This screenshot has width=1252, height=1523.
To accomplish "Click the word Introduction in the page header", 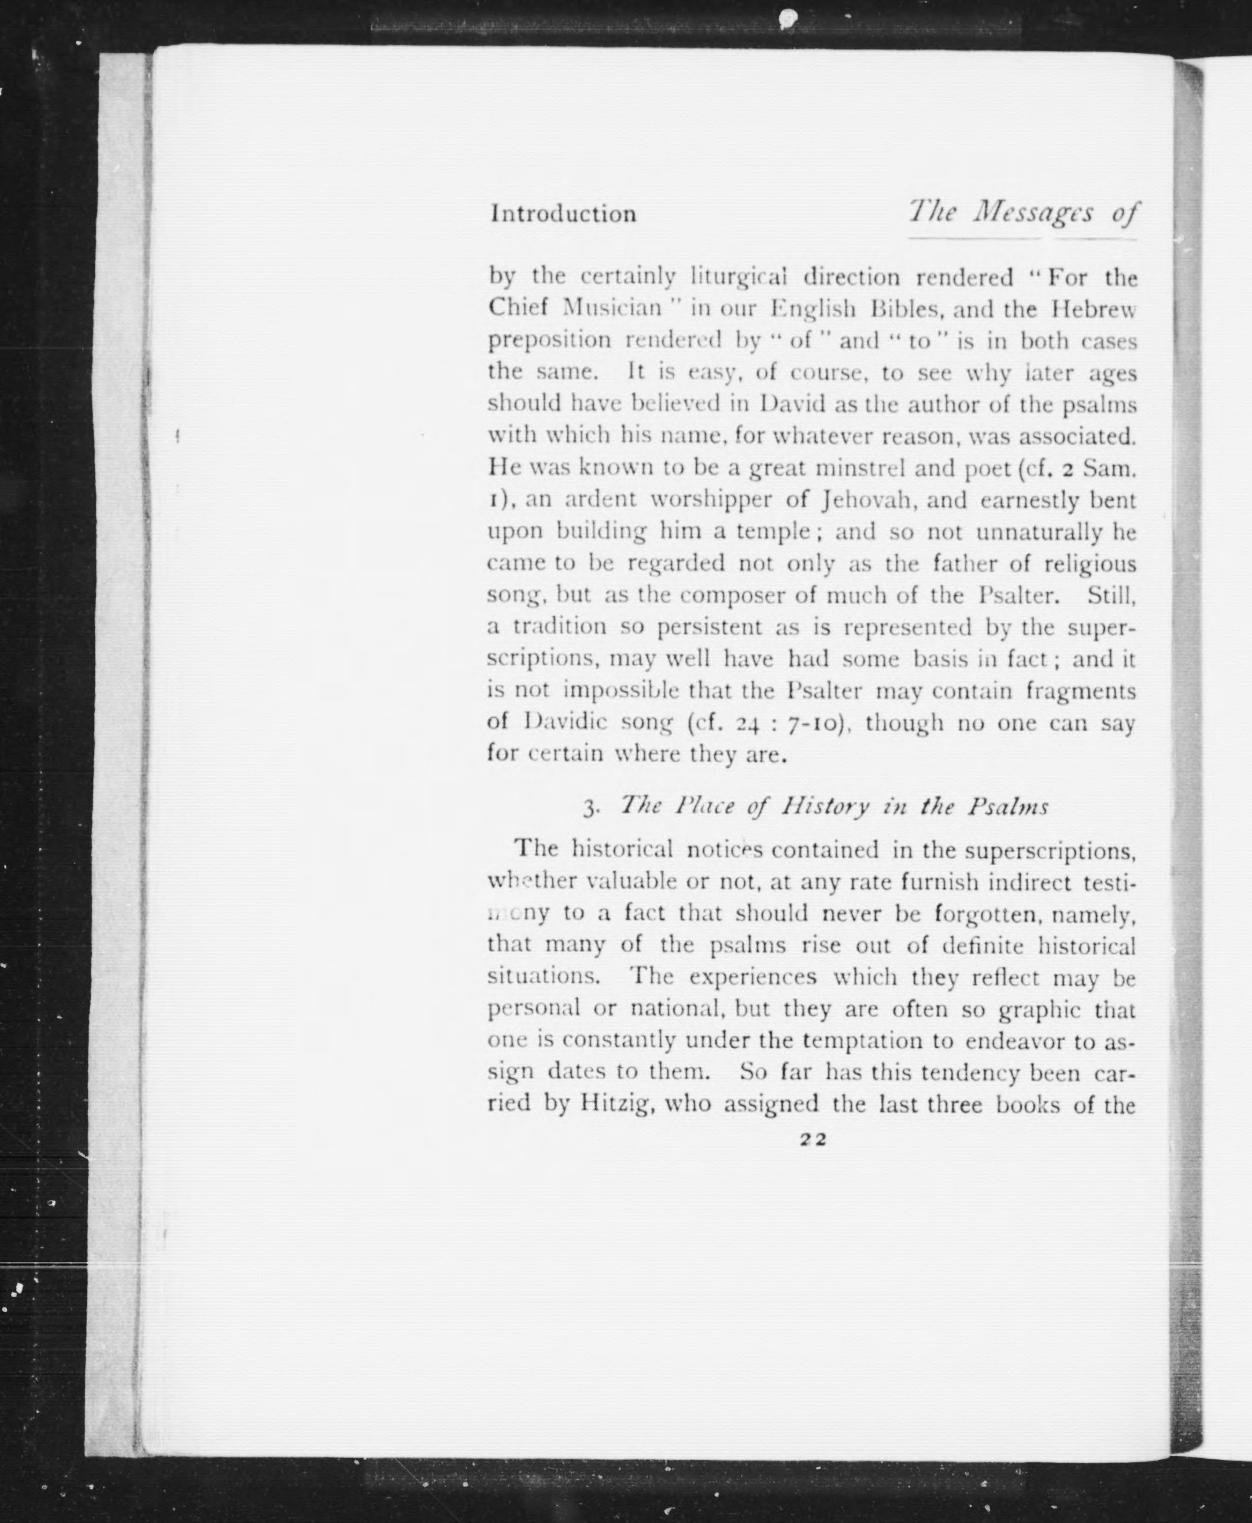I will tap(563, 214).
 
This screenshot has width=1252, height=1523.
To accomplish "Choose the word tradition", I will tap(560, 626).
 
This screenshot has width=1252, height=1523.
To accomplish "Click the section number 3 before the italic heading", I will tap(589, 807).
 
